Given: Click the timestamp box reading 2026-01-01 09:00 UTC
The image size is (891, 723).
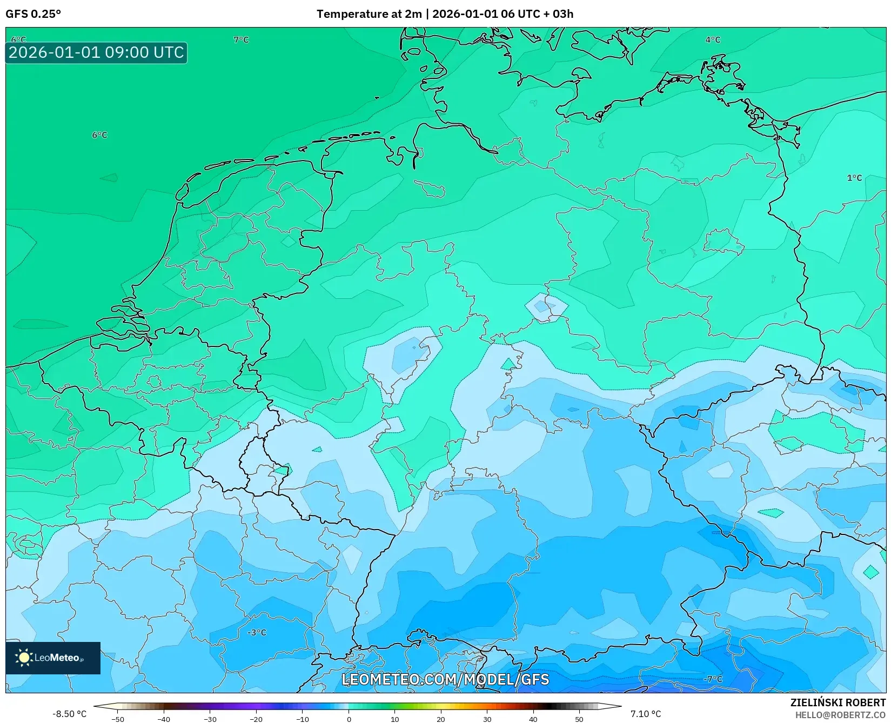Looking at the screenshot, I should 96,52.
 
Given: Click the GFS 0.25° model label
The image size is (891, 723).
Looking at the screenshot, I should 33,14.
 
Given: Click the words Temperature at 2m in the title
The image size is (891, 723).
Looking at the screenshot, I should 369,14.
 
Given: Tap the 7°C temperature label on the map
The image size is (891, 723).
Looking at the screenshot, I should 241,40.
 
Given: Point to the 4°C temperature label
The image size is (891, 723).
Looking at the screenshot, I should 713,40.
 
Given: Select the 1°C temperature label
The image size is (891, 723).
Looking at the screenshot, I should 854,178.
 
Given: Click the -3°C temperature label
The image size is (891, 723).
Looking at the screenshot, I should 257,632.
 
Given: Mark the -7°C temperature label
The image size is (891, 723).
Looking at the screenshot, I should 713,679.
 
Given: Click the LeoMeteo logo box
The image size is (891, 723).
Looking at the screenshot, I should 53,658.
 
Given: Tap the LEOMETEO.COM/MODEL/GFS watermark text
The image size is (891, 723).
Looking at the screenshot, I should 445,679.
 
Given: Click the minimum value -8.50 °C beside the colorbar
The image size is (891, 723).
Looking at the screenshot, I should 69,714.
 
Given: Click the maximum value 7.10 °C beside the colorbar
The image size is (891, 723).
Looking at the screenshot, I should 646,714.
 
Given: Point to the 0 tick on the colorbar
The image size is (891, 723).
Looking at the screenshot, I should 349,719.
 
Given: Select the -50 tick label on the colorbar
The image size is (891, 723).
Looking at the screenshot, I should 117,719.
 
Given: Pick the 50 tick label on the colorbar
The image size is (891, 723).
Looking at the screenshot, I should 579,719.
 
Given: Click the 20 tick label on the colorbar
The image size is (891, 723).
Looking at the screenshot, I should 441,719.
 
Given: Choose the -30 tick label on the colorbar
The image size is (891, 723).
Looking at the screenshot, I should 210,719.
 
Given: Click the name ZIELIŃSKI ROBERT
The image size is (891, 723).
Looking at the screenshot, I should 838,702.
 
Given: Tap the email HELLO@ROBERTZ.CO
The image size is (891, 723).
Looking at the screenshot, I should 840,715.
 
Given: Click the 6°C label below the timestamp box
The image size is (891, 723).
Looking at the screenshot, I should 99,135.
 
